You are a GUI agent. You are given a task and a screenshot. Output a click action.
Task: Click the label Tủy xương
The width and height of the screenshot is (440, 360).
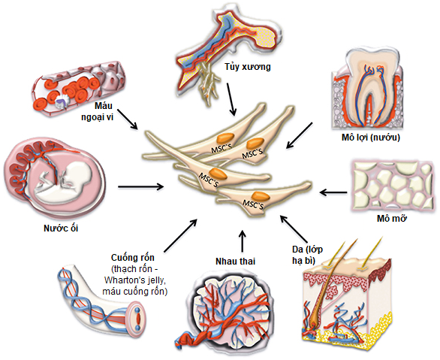click(x=248, y=67)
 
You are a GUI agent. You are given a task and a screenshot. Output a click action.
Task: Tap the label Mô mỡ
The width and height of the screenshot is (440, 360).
click(x=392, y=219)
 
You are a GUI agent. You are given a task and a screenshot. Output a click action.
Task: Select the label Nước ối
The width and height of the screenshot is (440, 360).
click(x=61, y=228)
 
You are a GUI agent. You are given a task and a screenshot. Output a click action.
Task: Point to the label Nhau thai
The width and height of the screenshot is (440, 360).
click(x=236, y=262)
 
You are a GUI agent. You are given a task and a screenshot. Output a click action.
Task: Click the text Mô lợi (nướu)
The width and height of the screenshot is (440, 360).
click(x=371, y=138)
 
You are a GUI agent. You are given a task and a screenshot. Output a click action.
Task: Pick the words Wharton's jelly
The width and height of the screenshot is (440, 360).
click(x=135, y=280)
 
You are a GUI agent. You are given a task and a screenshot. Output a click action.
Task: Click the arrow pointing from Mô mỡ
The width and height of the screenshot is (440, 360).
click(x=333, y=192)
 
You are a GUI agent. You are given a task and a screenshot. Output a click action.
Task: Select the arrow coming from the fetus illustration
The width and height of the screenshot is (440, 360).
click(x=141, y=186)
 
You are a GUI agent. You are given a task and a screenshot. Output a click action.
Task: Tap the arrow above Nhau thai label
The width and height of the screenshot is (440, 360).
click(x=243, y=241)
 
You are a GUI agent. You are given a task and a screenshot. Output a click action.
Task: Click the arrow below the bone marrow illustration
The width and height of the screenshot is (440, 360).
click(x=231, y=99)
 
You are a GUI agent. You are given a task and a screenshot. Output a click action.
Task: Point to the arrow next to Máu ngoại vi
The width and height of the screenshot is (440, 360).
click(x=128, y=119)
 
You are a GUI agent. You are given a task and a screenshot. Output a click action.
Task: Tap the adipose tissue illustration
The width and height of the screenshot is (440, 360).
click(x=392, y=186)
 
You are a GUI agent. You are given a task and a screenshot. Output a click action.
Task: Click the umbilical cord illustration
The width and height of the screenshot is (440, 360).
click(x=102, y=304)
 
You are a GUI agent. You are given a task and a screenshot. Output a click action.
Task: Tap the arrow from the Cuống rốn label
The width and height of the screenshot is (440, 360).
click(x=180, y=236)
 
